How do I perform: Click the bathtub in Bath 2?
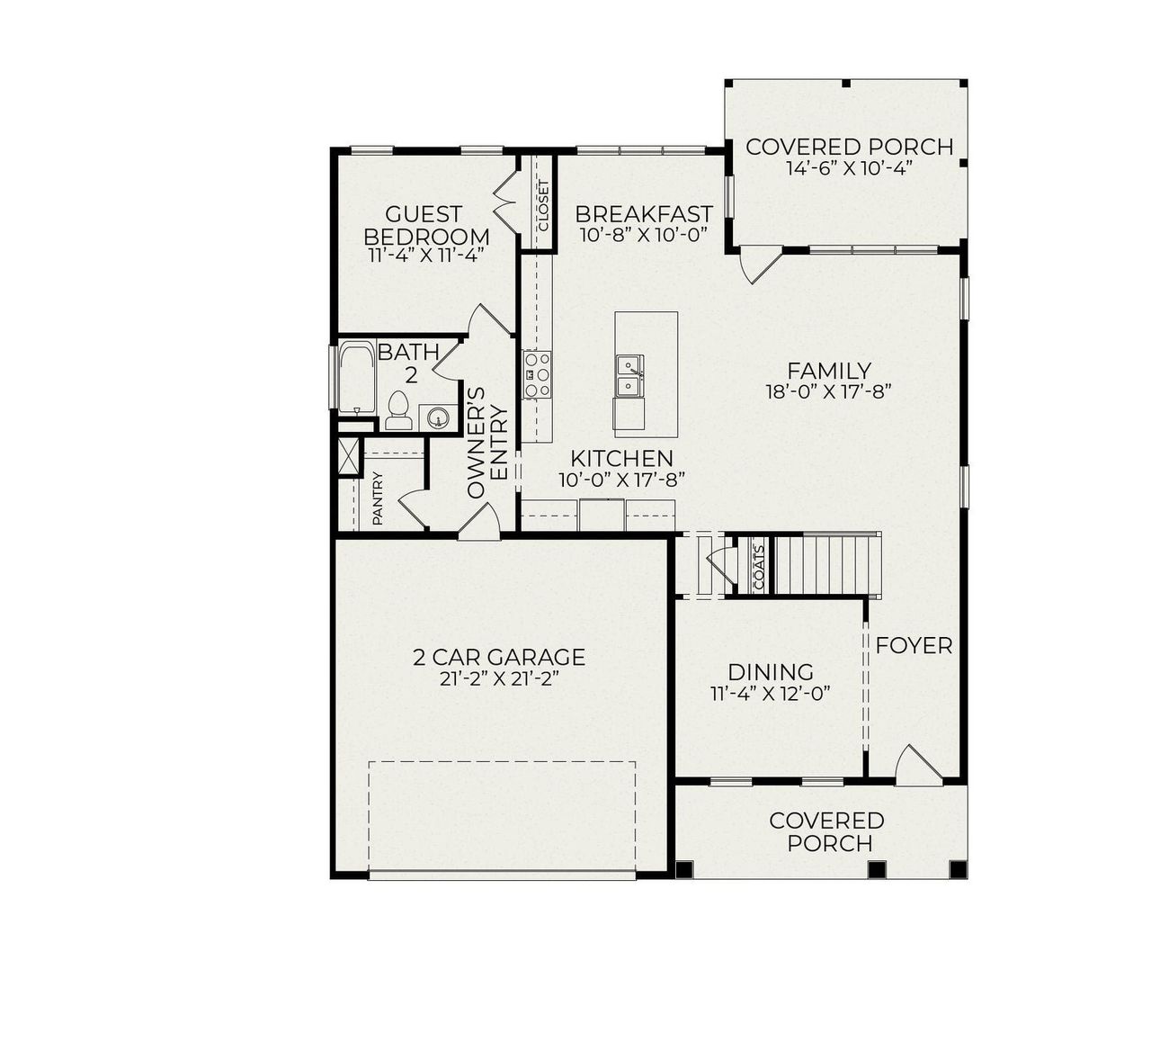point(355,377)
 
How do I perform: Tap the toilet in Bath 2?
point(397,411)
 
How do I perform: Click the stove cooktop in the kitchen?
point(538,374)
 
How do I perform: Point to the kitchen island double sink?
point(629,375)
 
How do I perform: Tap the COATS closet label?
point(758,565)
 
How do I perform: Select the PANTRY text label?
point(378,498)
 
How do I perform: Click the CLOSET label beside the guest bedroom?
point(542,204)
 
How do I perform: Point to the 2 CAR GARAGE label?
point(499,658)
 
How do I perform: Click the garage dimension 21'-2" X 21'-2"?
point(499,679)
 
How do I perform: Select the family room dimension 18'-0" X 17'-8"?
point(828,390)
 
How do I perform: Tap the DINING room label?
point(770,672)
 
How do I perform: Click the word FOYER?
point(914,645)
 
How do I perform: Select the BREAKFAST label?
point(644,214)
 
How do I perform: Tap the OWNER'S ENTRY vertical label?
point(488,442)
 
